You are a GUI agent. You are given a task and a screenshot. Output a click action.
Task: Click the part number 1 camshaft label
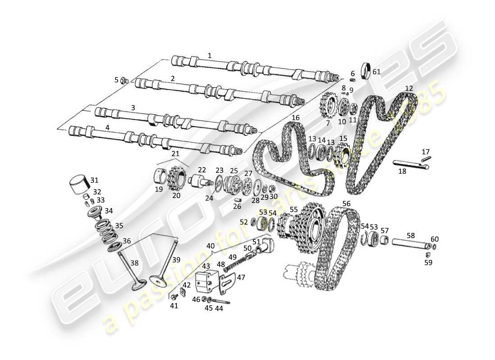coord(209,55)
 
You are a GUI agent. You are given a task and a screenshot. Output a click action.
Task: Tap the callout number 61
coord(377,72)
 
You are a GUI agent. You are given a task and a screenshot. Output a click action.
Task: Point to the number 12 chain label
coord(409,88)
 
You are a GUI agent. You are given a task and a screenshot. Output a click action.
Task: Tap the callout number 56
coord(346,203)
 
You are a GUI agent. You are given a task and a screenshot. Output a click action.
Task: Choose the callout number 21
coord(175,154)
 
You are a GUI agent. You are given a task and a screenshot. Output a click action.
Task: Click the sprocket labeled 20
coord(176,180)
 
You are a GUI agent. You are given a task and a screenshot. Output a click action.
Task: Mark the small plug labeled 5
coord(126,81)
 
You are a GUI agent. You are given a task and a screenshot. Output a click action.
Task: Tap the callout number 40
coord(210,246)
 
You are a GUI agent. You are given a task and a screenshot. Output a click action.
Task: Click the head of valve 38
coord(138,286)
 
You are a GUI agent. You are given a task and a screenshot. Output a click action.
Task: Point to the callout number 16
coord(295,117)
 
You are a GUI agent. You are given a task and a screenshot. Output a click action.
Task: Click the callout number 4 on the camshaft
coord(107,127)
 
